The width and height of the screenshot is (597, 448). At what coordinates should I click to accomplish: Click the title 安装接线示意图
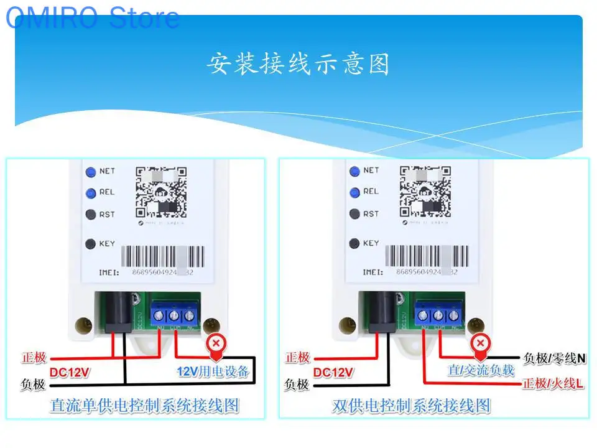[x=298, y=65]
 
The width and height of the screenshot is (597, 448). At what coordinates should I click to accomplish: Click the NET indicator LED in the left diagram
[x=91, y=171]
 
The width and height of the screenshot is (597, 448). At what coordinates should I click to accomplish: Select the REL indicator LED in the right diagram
[x=354, y=192]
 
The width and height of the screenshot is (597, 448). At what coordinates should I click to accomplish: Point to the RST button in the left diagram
[x=91, y=215]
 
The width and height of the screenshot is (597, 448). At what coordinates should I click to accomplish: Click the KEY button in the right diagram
[x=354, y=243]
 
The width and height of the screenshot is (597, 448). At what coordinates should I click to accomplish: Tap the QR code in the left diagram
[x=162, y=191]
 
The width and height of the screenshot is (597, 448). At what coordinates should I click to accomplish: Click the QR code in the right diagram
[x=425, y=191]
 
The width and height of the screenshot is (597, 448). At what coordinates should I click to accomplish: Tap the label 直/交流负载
[x=481, y=370]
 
